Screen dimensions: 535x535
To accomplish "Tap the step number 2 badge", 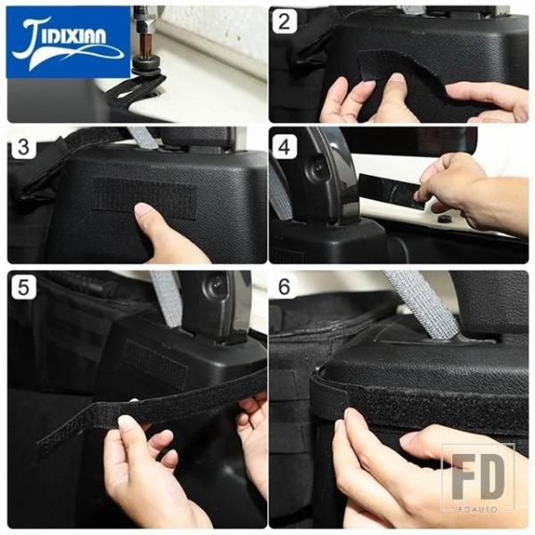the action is pyautogui.click(x=284, y=21).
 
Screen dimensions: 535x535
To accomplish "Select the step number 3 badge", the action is pyautogui.click(x=23, y=147).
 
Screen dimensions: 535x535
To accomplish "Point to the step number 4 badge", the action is pyautogui.click(x=284, y=147).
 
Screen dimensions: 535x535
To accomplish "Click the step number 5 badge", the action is pyautogui.click(x=23, y=287).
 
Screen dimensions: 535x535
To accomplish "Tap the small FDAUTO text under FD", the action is pyautogui.click(x=478, y=509).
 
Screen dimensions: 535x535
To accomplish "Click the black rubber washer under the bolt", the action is pyautogui.click(x=148, y=70).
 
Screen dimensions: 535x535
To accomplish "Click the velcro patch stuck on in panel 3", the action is pyautogui.click(x=145, y=198).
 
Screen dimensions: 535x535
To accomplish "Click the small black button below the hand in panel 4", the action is pyautogui.click(x=443, y=218).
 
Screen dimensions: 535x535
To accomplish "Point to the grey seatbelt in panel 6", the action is pyautogui.click(x=422, y=305).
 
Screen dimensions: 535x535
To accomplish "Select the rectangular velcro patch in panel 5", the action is pyautogui.click(x=156, y=365).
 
